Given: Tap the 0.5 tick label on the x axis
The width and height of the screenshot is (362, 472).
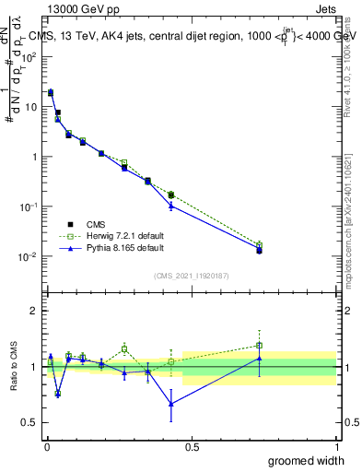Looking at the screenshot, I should [x=192, y=446].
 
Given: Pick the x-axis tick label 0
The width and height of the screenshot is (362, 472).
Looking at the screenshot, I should [x=47, y=446].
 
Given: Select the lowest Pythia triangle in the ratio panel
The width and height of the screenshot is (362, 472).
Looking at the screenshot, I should [x=171, y=403].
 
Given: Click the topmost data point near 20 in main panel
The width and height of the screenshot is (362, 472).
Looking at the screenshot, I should [x=51, y=92].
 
